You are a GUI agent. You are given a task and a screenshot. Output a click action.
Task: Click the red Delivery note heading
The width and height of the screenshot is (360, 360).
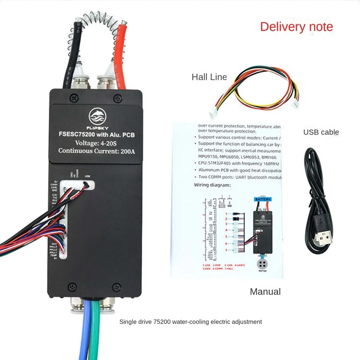click(297, 27)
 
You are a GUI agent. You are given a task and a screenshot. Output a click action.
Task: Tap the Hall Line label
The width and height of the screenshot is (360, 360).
click(209, 77)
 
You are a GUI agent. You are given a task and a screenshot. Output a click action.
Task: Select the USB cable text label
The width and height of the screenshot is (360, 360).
click(321, 132)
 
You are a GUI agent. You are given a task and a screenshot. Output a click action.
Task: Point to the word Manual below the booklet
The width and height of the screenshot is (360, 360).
click(265, 292)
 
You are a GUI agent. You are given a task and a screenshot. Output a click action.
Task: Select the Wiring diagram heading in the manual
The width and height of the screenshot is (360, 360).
click(213, 185)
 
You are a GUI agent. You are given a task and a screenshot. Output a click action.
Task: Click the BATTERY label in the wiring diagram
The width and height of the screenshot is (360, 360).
click(261, 198)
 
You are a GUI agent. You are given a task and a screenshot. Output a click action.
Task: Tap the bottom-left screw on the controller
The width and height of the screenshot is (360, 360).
click(71, 286)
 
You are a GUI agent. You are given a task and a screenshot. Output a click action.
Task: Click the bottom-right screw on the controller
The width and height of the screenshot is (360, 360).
click(116, 286)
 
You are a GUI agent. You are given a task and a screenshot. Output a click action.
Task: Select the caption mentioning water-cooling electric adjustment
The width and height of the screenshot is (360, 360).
click(190, 322)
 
